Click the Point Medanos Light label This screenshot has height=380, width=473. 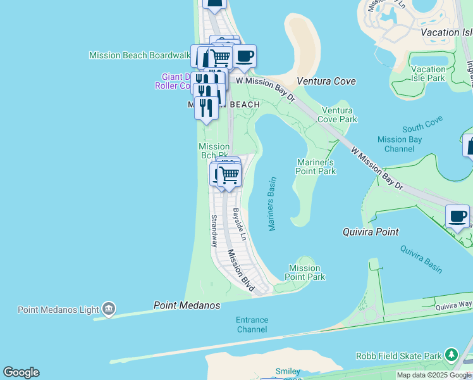pyautogui.click(x=58, y=310)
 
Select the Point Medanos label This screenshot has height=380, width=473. pyautogui.click(x=187, y=305)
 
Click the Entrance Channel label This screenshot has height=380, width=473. pyautogui.click(x=252, y=325)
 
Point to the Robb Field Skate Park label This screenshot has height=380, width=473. pyautogui.click(x=398, y=356)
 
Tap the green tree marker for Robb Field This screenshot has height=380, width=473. pyautogui.click(x=451, y=354)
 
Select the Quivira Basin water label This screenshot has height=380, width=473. pyautogui.click(x=421, y=259)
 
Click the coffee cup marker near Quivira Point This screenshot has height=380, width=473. pyautogui.click(x=457, y=217)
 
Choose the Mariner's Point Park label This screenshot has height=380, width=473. pyautogui.click(x=316, y=167)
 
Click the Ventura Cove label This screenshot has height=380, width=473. pyautogui.click(x=326, y=81)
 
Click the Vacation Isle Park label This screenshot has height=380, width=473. pyautogui.click(x=428, y=73)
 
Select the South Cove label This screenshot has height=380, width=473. pyautogui.click(x=421, y=127)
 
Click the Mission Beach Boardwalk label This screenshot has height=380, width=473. pyautogui.click(x=139, y=55)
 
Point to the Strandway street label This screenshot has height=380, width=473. pyautogui.click(x=214, y=231)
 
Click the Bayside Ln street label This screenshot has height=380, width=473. pyautogui.click(x=239, y=225)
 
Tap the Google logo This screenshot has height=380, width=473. pyautogui.click(x=21, y=372)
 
